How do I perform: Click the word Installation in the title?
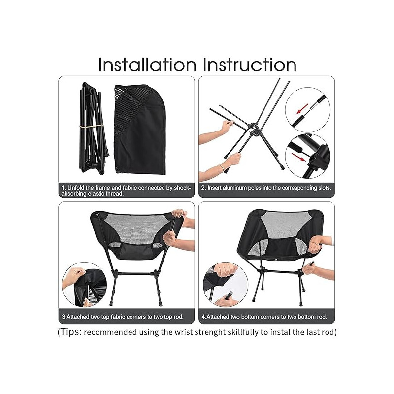pos(147,65)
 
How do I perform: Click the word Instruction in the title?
pos(250,65)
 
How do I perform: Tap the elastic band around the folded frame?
pos(92,127)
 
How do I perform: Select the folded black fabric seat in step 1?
pos(140,130)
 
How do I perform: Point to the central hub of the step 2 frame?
pos(254,129)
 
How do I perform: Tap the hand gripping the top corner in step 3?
pos(179,214)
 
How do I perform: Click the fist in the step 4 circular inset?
pos(225,270)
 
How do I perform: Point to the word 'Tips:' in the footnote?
pos(70,332)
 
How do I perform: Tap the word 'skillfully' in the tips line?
pos(243,333)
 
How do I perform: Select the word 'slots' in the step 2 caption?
pos(325,188)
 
